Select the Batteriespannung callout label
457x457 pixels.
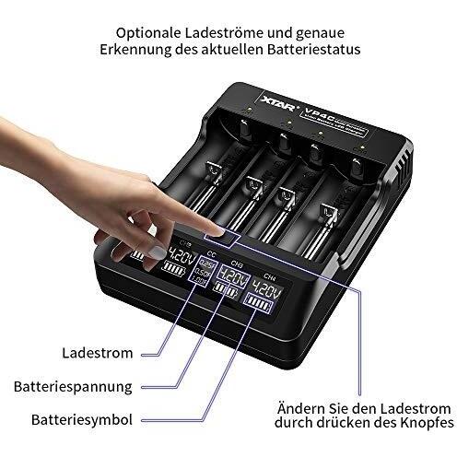pos(85,386)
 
